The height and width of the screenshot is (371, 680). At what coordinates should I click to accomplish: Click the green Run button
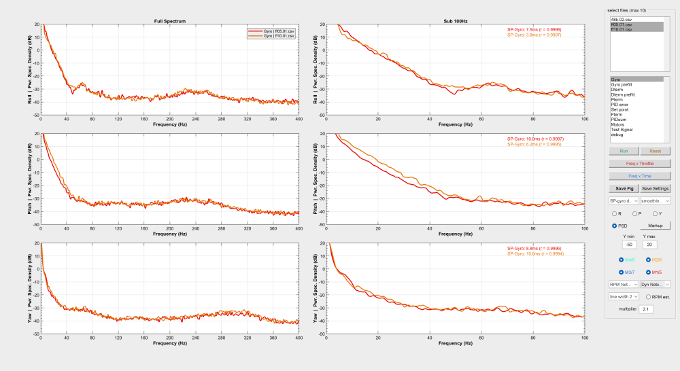pos(624,150)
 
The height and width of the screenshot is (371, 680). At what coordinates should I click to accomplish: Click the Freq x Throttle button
pos(640,163)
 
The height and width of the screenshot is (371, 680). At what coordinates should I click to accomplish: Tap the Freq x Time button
pos(640,175)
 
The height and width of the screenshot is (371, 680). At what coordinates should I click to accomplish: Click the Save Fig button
pos(624,188)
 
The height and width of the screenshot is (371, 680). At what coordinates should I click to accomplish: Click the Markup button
pos(656,225)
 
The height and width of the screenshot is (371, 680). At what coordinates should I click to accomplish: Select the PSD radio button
pos(615,225)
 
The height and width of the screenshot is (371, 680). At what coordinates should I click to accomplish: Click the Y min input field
pos(629,244)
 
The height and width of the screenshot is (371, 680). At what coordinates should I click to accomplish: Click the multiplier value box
pos(646,308)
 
